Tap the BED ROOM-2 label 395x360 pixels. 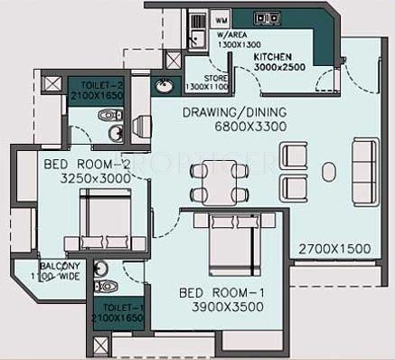(80, 165)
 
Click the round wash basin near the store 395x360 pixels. (164, 87)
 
